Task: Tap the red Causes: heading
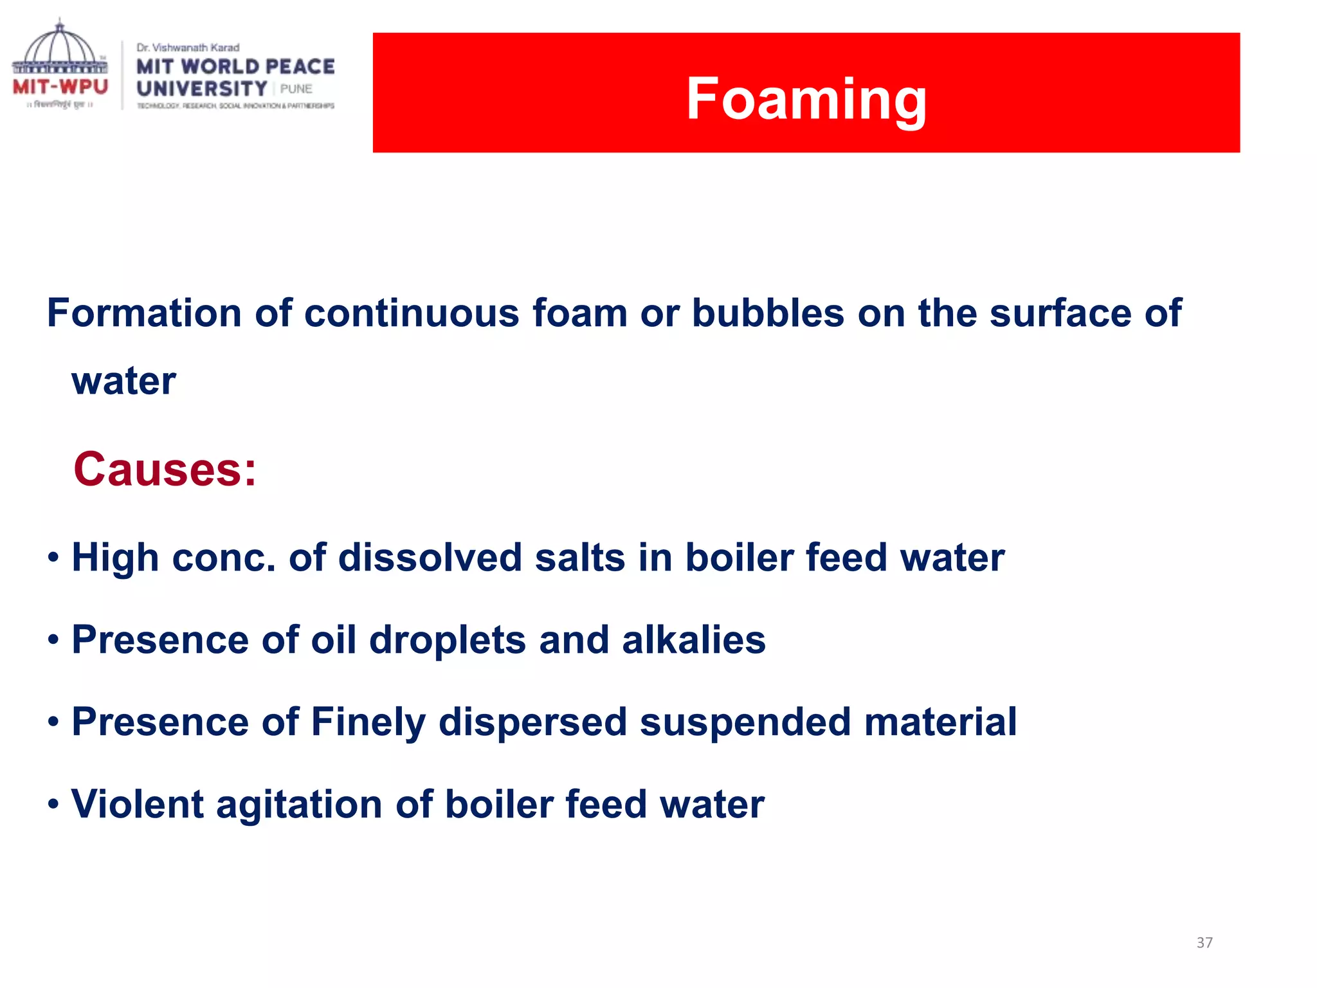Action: pyautogui.click(x=165, y=470)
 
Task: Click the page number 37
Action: pyautogui.click(x=1204, y=942)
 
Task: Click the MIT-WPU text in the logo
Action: pyautogui.click(x=60, y=86)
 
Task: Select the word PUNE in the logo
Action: pyautogui.click(x=296, y=89)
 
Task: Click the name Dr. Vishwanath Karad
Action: pyautogui.click(x=188, y=48)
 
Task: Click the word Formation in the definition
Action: pyautogui.click(x=145, y=313)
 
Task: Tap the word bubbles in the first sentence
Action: pyautogui.click(x=768, y=313)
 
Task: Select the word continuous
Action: pyautogui.click(x=412, y=313)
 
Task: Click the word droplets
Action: pyautogui.click(x=448, y=640)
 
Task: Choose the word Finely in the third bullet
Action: pyautogui.click(x=368, y=722)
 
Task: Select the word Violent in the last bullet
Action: pyautogui.click(x=138, y=804)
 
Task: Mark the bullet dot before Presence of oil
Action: pyautogui.click(x=53, y=640)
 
